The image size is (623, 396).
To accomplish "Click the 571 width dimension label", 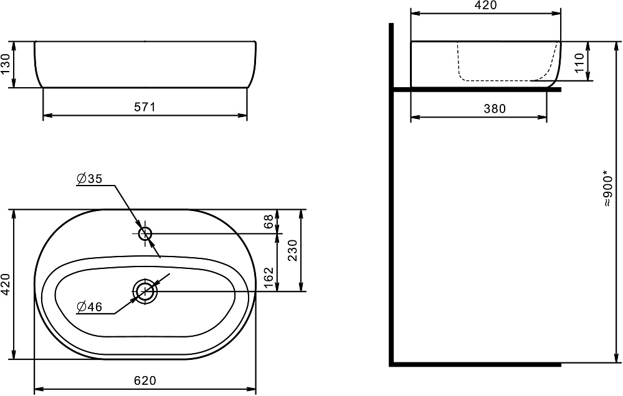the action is (x=145, y=107).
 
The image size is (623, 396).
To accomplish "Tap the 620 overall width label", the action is (x=145, y=380).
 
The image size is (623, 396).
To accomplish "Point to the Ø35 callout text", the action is (x=89, y=179).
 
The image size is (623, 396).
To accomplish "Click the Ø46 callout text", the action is (x=89, y=306).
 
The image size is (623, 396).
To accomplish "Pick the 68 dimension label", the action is (x=269, y=221).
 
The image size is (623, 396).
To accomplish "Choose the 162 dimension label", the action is (x=269, y=278).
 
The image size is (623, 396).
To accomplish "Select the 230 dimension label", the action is (x=292, y=250).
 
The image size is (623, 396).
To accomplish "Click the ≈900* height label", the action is (x=607, y=188).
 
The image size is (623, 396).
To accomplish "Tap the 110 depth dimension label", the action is (x=579, y=63).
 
